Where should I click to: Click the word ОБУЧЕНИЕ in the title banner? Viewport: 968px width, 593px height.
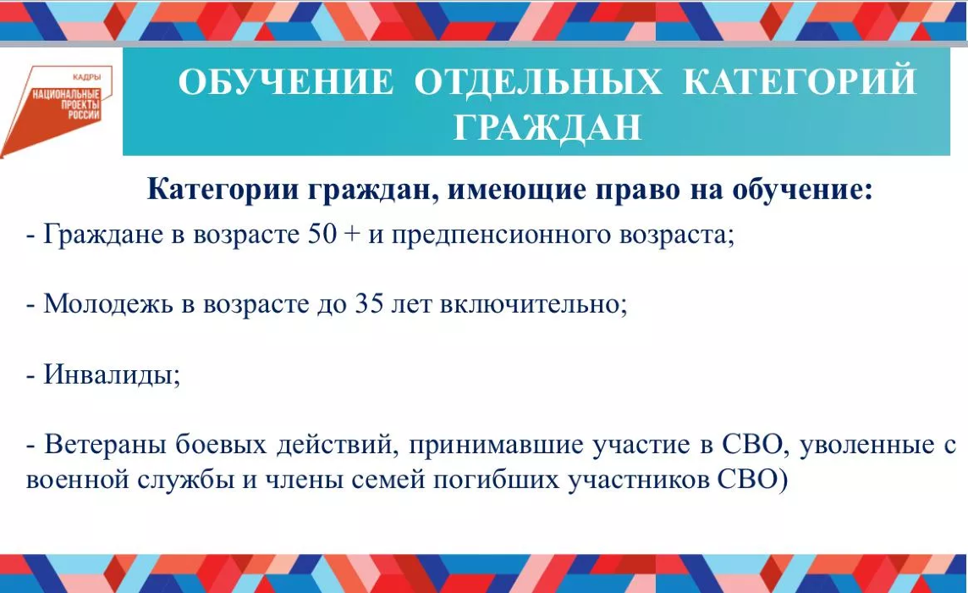pos(286,81)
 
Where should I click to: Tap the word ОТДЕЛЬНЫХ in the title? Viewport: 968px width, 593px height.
pos(537,81)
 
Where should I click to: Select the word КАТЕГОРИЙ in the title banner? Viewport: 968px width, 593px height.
pos(800,80)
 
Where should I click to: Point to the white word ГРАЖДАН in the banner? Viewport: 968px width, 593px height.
pos(547,127)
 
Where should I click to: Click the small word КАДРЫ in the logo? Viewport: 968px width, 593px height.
pos(86,77)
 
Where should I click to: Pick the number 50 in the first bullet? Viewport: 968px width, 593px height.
pos(322,235)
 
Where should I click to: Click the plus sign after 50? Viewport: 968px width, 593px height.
pos(353,236)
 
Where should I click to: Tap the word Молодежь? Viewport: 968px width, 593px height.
pos(108,304)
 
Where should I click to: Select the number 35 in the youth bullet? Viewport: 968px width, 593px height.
pos(369,303)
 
